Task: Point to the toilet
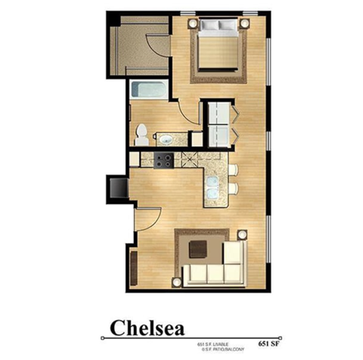pos(141,135)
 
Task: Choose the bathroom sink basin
pos(166,139)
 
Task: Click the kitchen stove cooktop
pos(162,160)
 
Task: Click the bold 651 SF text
pos(271,330)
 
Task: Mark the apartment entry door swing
pos(146,219)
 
